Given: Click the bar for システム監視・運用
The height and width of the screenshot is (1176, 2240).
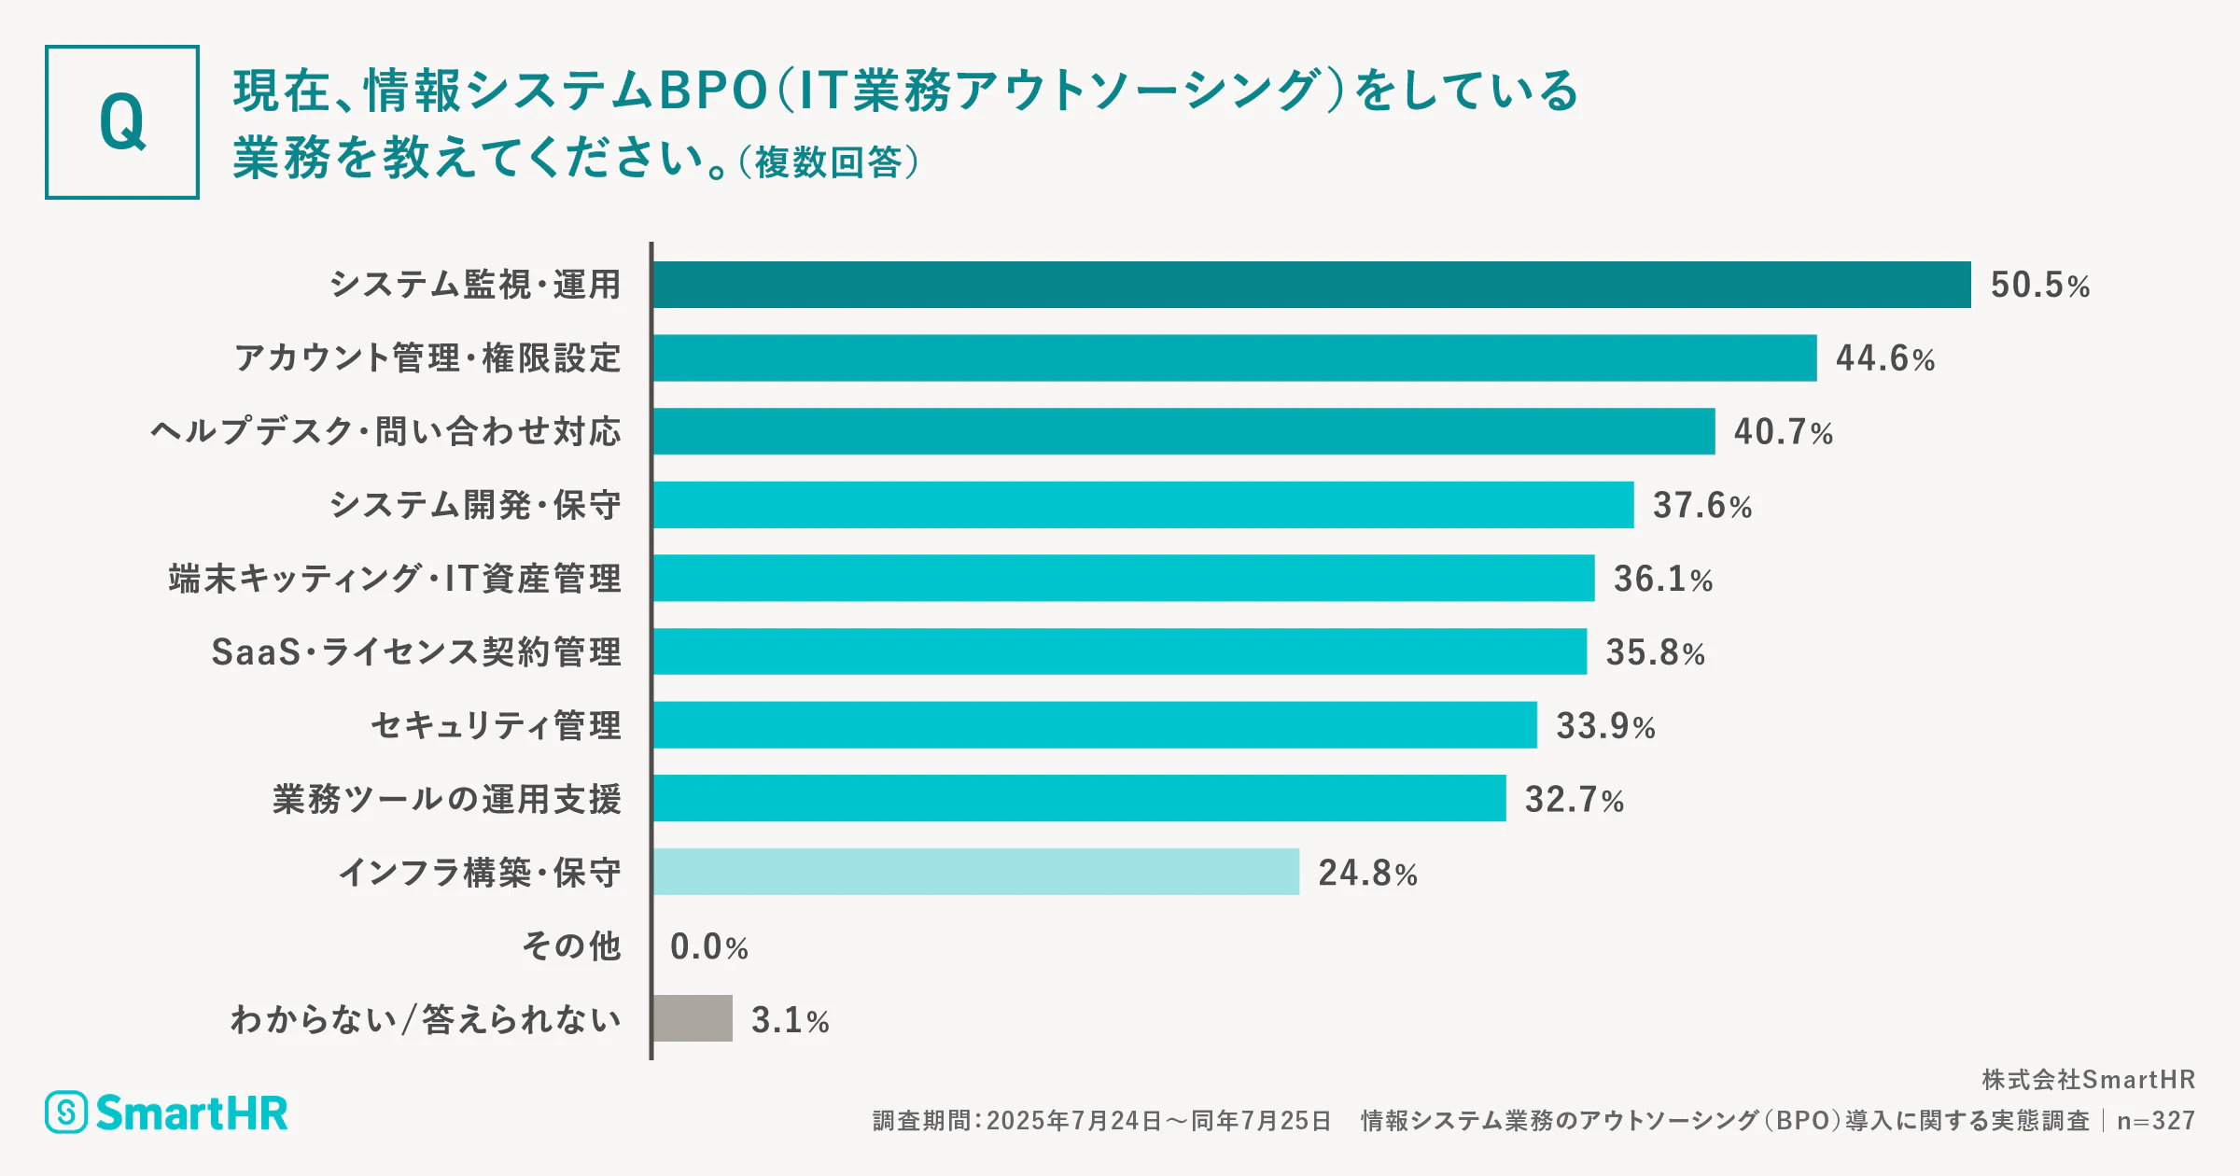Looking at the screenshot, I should (1311, 285).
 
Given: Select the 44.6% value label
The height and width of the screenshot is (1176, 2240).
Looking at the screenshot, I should (1884, 358).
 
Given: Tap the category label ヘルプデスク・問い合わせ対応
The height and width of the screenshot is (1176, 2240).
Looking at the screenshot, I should (385, 431).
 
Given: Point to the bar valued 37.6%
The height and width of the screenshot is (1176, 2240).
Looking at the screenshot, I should (1143, 505).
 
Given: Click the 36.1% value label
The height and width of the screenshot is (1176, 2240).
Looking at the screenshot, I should (1662, 579).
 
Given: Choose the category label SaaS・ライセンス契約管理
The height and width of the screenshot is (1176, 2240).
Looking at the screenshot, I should (416, 651).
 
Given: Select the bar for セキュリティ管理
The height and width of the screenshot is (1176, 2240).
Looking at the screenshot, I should (1095, 725).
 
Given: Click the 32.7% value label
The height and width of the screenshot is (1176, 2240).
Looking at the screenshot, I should (1574, 800).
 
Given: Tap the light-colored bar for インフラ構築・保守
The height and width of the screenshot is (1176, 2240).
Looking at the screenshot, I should (976, 872).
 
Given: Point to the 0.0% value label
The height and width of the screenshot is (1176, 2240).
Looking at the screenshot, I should (708, 946).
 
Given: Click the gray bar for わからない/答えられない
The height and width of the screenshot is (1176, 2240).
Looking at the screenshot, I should (693, 1018).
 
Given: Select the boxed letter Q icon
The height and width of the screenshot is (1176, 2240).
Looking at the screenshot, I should (122, 122).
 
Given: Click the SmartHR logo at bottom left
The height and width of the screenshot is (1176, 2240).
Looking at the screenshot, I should (167, 1113).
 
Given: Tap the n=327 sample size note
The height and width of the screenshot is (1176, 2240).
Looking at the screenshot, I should (2155, 1121).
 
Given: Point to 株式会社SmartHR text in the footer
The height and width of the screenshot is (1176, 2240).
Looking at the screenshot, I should (2088, 1080).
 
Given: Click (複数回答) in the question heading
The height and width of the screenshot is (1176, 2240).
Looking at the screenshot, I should (829, 162).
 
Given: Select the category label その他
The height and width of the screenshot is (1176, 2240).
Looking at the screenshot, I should (571, 945).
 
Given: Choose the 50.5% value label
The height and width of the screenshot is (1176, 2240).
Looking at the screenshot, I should (2039, 285).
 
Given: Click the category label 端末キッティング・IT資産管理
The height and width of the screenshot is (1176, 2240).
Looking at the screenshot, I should (395, 579).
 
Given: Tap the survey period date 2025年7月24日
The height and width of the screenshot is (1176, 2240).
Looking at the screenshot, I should (1073, 1121).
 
